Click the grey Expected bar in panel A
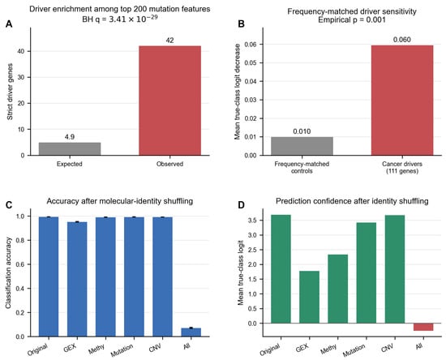(70, 148)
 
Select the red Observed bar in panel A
(169, 101)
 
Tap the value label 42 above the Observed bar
(169, 41)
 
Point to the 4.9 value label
(70, 137)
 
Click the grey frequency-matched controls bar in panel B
(302, 146)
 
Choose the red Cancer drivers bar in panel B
(402, 100)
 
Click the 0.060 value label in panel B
(402, 40)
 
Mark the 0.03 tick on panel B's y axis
(251, 100)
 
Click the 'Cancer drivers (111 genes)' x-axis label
(402, 168)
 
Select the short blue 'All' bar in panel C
(191, 332)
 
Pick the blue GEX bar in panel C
(77, 279)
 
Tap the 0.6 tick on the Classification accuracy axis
(20, 264)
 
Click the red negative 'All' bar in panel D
(423, 327)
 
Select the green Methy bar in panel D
(338, 289)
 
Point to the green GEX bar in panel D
(310, 297)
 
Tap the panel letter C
(9, 205)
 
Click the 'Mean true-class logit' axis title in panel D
(241, 272)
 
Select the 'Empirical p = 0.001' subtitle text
(352, 20)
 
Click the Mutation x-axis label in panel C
(122, 350)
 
